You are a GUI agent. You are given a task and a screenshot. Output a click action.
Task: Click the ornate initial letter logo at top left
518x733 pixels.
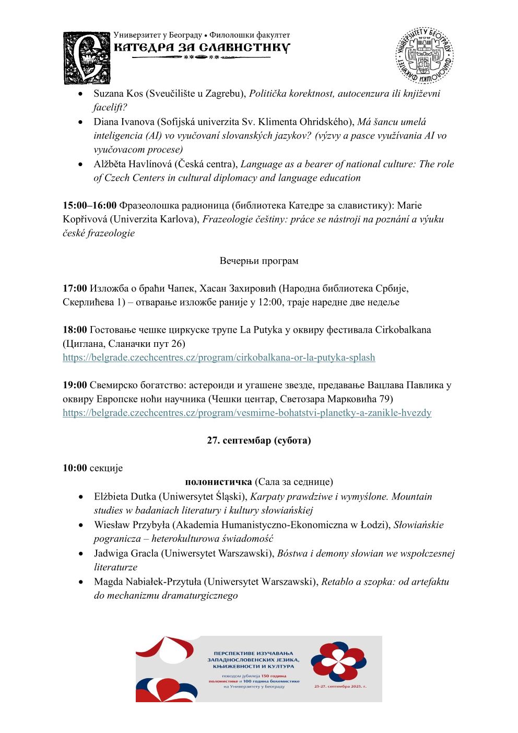(87, 58)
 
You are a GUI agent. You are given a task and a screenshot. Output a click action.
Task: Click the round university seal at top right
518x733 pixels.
(424, 55)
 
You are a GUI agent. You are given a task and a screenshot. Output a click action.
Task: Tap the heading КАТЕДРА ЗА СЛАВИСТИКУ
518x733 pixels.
(202, 48)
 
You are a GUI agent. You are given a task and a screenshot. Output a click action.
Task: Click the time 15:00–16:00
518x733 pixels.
(90, 205)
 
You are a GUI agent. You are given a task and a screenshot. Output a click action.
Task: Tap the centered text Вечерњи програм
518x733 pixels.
(259, 261)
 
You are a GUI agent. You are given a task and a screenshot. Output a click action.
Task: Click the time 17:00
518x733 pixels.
(75, 288)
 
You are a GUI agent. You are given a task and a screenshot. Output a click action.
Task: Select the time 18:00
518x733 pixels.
(75, 330)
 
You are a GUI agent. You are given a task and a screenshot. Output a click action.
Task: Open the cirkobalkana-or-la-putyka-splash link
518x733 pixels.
(219, 357)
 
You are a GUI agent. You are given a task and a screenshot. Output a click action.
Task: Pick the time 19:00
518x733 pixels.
(75, 385)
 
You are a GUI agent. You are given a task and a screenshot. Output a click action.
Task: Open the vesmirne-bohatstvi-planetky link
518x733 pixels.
(247, 413)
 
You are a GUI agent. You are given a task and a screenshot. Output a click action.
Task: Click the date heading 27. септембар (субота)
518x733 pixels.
(259, 440)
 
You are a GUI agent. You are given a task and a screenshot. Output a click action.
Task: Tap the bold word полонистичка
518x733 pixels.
(218, 482)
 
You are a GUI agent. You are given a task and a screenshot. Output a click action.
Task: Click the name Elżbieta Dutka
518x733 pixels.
(125, 496)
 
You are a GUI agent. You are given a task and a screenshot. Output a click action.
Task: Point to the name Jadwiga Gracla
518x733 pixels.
(125, 553)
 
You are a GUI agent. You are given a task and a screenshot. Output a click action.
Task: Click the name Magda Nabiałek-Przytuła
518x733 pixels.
(148, 581)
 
